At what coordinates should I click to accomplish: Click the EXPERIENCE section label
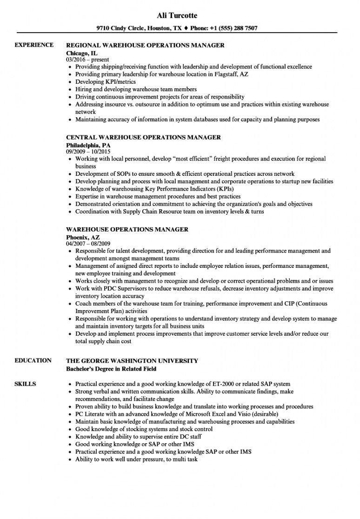tap(34, 45)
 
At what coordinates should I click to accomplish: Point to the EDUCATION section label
tap(33, 360)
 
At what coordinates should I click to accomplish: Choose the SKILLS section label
tap(25, 384)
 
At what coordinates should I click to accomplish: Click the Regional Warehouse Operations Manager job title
tap(145, 45)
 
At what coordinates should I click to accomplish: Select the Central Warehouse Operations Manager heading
tap(143, 138)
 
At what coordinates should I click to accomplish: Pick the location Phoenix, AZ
tap(83, 237)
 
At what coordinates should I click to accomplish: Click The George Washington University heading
tap(132, 360)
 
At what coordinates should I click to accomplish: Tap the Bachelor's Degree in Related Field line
tap(111, 368)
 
